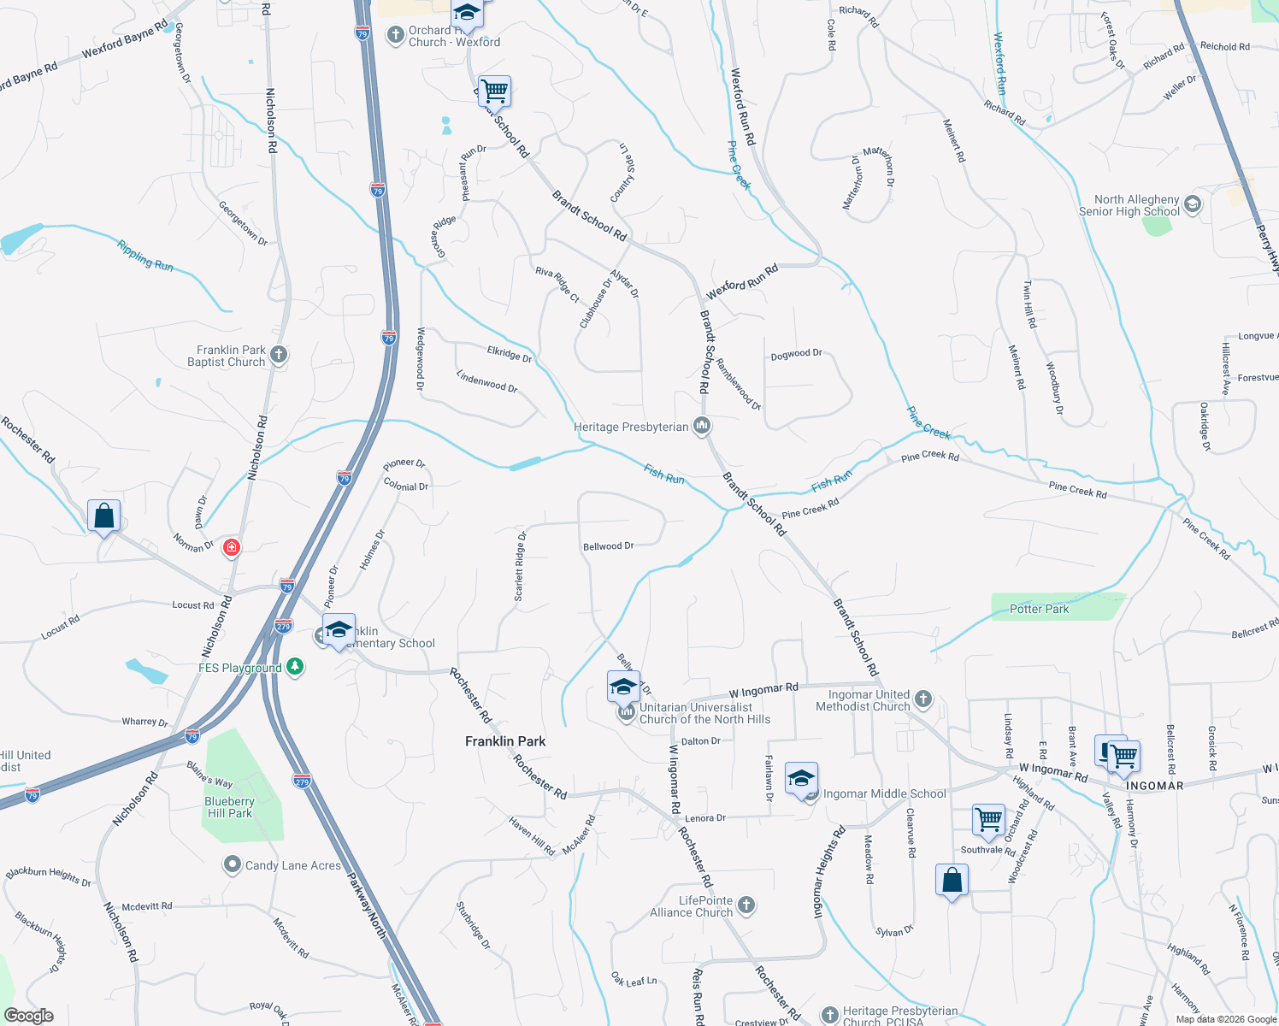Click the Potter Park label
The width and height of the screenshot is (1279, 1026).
click(x=1039, y=609)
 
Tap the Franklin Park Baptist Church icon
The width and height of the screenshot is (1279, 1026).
click(x=278, y=355)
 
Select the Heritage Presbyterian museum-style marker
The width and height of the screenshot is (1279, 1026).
click(x=702, y=426)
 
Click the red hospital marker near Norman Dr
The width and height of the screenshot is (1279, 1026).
click(x=232, y=547)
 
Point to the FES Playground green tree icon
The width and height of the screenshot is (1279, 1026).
click(x=295, y=667)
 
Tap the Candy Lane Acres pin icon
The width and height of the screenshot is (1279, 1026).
click(x=232, y=865)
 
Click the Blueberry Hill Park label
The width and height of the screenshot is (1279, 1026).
click(x=230, y=807)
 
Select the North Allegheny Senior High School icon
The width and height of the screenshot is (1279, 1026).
click(x=1193, y=204)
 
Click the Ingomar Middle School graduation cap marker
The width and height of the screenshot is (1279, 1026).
click(x=801, y=780)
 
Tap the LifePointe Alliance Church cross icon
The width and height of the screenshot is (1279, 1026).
click(x=746, y=905)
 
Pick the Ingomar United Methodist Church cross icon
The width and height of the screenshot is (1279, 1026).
click(x=923, y=699)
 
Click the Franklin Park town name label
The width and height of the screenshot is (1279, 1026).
click(x=505, y=741)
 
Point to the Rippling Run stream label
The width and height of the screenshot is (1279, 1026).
click(x=145, y=256)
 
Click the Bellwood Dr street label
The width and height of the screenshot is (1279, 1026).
click(x=608, y=546)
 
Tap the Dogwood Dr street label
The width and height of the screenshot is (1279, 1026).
click(x=796, y=353)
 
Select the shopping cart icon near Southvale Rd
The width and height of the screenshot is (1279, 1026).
click(x=988, y=820)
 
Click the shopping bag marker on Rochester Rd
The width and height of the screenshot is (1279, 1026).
click(x=103, y=516)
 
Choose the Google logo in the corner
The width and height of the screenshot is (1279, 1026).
click(x=28, y=1016)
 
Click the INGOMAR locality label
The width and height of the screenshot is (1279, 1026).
click(x=1154, y=786)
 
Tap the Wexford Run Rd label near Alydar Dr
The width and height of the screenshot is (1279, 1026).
click(x=742, y=281)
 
